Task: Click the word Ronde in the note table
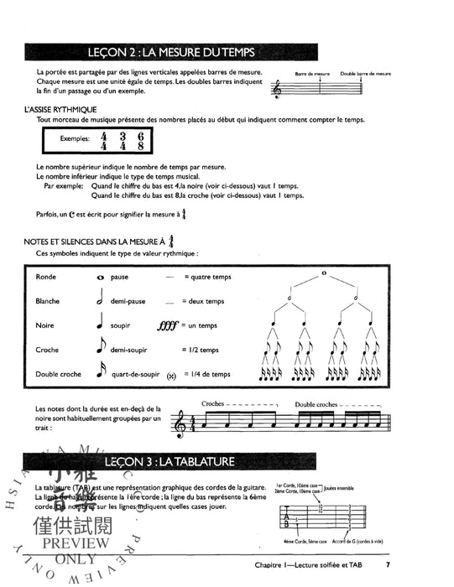[x=46, y=276]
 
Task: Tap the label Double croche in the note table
[x=58, y=374]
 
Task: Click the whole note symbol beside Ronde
[x=101, y=277]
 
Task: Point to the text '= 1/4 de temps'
[x=206, y=374]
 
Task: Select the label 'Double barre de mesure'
[x=366, y=74]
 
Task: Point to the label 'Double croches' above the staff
[x=316, y=404]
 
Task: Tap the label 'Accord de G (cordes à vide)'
[x=363, y=543]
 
